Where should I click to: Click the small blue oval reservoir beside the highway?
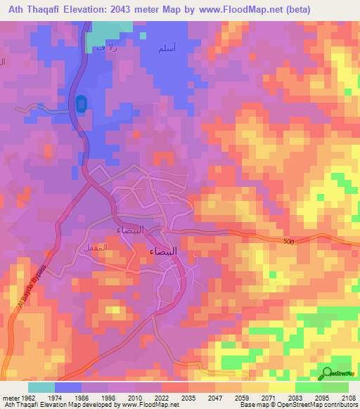[x=81, y=105]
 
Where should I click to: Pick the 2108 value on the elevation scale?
[x=348, y=398]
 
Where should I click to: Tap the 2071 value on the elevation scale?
[x=268, y=398]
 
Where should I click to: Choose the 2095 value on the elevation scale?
[x=321, y=398]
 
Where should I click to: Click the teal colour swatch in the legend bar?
[x=41, y=387]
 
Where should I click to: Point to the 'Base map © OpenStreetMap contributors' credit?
[x=297, y=405]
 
